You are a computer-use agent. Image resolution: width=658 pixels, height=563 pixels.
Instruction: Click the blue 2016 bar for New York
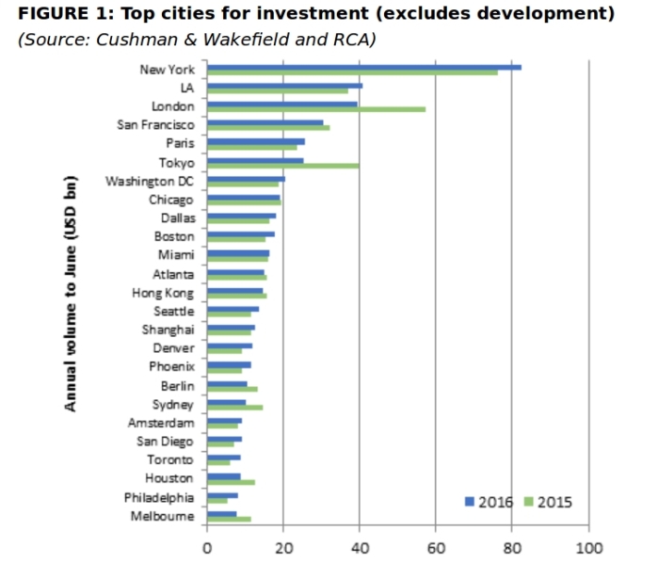(363, 67)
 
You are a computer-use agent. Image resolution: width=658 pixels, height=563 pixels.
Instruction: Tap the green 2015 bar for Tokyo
(282, 165)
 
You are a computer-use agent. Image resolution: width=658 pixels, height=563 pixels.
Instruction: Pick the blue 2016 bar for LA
(284, 86)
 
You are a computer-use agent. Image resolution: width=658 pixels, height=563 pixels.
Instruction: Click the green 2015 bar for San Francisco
(268, 128)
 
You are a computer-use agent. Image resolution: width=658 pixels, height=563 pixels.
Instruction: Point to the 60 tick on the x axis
(435, 543)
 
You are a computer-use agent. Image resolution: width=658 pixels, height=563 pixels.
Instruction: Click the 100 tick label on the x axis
(588, 543)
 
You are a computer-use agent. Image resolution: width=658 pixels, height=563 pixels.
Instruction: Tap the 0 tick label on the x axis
(207, 543)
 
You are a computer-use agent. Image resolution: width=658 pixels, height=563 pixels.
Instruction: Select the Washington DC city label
(150, 181)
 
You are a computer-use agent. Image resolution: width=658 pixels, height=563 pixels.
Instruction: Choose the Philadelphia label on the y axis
(159, 497)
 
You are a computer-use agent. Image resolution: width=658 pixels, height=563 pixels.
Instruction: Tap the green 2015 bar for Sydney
(234, 408)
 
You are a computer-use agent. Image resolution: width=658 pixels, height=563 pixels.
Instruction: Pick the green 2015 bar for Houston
(231, 482)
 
